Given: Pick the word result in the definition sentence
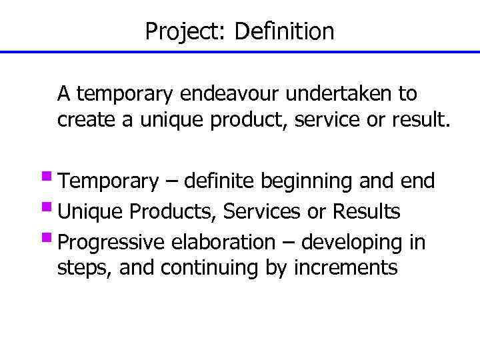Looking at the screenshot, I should pyautogui.click(x=423, y=121).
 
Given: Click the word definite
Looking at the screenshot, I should pyautogui.click(x=220, y=181).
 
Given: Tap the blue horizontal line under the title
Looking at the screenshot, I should pyautogui.click(x=240, y=51).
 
